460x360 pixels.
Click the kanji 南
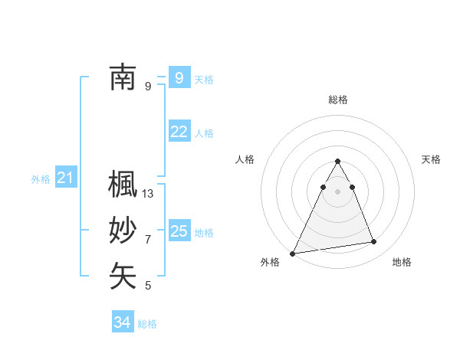tap(123, 77)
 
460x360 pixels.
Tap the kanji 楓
tap(123, 185)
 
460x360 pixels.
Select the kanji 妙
tap(123, 231)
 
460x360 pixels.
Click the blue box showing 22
tap(179, 132)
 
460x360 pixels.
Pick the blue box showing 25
tap(179, 231)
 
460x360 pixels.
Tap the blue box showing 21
tap(66, 178)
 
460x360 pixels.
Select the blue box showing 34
tap(122, 322)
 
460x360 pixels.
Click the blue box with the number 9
tap(179, 77)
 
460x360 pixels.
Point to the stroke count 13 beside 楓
tap(148, 194)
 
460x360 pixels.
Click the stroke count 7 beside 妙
tap(148, 240)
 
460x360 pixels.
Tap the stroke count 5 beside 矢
tap(148, 286)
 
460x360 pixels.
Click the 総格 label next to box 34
tap(147, 324)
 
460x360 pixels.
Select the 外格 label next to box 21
tap(41, 179)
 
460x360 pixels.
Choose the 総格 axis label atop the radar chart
tap(338, 100)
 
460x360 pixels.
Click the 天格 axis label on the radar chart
tap(431, 159)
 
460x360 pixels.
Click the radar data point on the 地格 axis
tap(374, 242)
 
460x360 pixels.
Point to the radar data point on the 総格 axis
tap(338, 161)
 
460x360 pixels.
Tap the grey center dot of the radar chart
tap(338, 191)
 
